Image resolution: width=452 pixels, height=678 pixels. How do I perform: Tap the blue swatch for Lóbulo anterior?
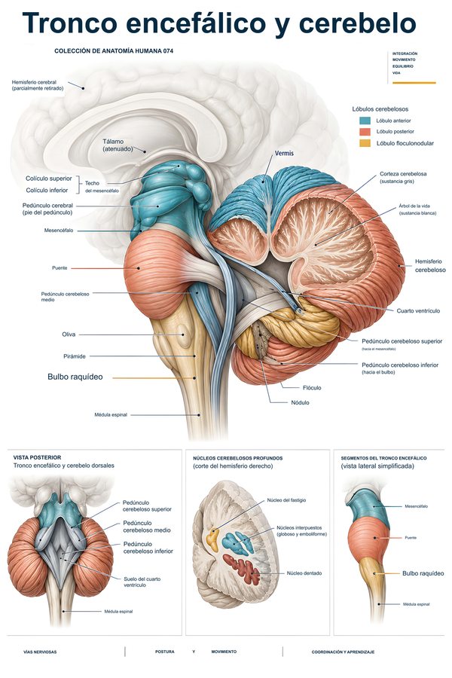365,121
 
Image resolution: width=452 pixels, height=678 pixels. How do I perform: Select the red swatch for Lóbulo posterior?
365,131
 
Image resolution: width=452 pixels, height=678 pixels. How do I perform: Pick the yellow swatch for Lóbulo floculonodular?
365,143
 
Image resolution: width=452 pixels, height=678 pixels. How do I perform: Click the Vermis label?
284,153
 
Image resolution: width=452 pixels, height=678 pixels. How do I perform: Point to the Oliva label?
69,334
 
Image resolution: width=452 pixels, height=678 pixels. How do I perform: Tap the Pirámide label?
75,356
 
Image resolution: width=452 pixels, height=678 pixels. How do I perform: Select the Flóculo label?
312,388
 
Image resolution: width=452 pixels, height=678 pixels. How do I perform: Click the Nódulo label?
300,402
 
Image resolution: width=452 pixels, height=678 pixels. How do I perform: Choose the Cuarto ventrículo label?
418,310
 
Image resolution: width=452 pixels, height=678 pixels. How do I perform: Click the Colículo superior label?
48,178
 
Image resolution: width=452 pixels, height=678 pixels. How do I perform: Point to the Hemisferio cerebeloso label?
430,265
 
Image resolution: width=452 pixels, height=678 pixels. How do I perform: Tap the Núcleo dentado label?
304,573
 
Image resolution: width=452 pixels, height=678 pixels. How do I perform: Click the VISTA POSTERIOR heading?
37,457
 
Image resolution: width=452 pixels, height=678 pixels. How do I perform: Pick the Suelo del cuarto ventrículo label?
142,582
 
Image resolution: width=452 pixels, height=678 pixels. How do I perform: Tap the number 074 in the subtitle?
168,51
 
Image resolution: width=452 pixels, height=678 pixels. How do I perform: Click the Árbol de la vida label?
417,209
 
